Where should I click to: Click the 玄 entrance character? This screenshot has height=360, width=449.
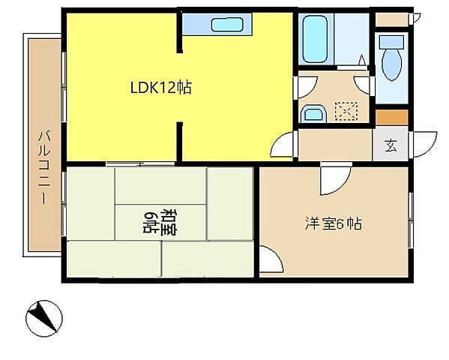(391, 145)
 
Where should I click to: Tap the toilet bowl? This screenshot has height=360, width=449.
(391, 65)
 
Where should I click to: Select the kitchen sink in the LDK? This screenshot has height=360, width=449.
(226, 25)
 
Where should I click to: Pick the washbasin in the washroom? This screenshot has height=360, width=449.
(313, 114)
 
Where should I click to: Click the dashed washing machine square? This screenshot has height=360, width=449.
(346, 112)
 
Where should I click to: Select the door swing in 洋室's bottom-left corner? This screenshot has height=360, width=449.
(271, 262)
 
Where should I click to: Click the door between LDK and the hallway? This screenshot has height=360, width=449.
(286, 145)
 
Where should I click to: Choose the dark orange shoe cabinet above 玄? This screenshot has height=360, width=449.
(391, 118)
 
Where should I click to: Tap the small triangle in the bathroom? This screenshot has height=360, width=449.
(361, 58)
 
